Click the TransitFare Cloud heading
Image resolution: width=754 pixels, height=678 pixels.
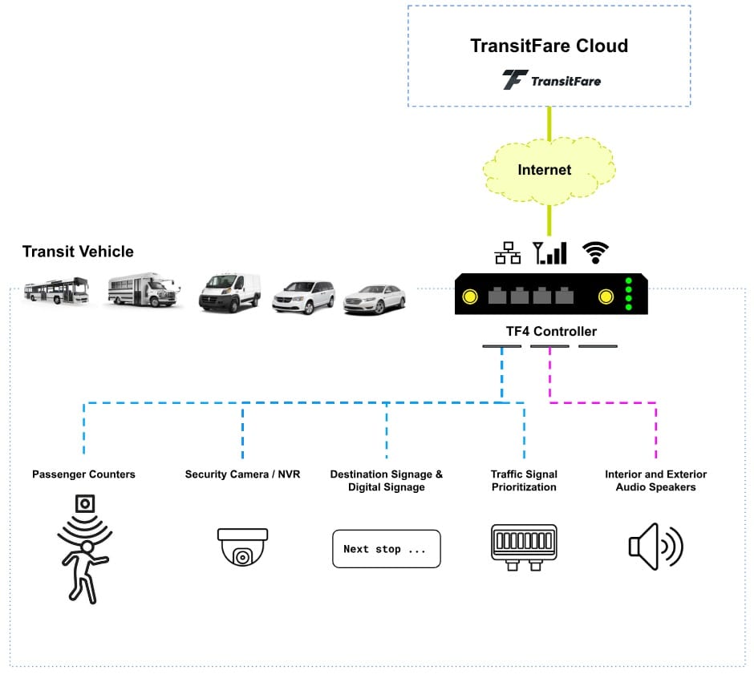pos(549,46)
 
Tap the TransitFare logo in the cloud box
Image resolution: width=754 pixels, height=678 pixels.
pos(551,80)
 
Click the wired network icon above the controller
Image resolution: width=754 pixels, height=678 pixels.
pos(507,253)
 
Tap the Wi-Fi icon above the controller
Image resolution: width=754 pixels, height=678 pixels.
pos(594,252)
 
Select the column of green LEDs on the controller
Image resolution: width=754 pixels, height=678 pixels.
pos(629,293)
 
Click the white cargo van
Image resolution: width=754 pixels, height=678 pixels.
pos(230,292)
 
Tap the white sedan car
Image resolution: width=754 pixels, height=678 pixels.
pos(375,299)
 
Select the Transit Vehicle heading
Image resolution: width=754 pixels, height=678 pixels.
pos(78,252)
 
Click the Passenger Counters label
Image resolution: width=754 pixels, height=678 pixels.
pos(83,474)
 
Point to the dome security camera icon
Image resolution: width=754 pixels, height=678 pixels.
pos(242,546)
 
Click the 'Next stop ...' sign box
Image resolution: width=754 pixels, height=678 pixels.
pos(386,549)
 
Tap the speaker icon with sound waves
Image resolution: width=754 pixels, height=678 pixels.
pos(655,546)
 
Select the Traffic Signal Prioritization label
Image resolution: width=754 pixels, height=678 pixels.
pos(524,481)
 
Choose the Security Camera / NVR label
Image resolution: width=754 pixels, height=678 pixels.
pos(242,474)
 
